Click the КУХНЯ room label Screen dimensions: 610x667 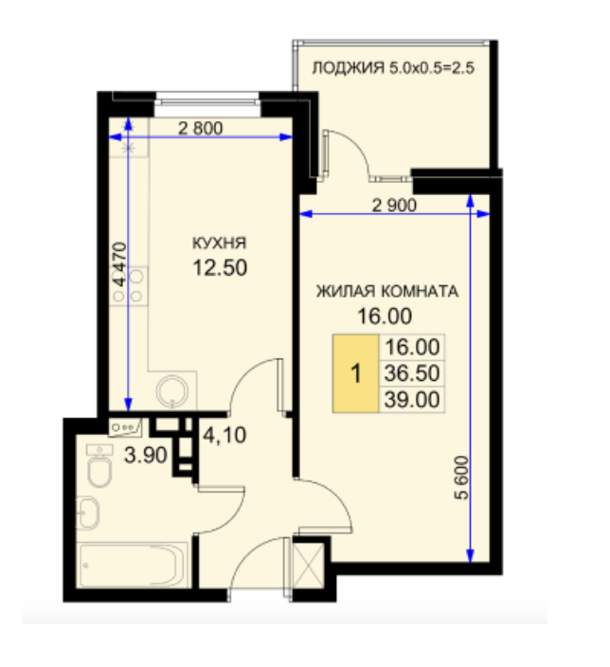219,243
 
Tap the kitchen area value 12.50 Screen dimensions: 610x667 220,268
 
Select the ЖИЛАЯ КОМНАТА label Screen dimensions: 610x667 387,292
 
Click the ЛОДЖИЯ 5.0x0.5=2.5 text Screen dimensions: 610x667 393,67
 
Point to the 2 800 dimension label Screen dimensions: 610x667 200,128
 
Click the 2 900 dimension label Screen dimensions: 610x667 394,206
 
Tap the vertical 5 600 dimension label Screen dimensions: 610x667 462,478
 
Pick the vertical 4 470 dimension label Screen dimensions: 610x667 119,263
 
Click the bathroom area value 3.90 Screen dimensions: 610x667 146,455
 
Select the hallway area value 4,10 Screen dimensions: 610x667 224,435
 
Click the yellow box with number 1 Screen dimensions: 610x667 355,373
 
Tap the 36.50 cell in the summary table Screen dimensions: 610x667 412,373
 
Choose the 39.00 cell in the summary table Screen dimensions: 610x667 412,400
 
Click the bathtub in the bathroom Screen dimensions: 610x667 134,566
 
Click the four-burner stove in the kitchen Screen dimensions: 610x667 129,285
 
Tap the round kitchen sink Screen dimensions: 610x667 172,391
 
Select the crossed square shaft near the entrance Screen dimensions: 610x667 309,566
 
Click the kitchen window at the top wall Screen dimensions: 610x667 207,100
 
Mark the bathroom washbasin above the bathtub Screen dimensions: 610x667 88,513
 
